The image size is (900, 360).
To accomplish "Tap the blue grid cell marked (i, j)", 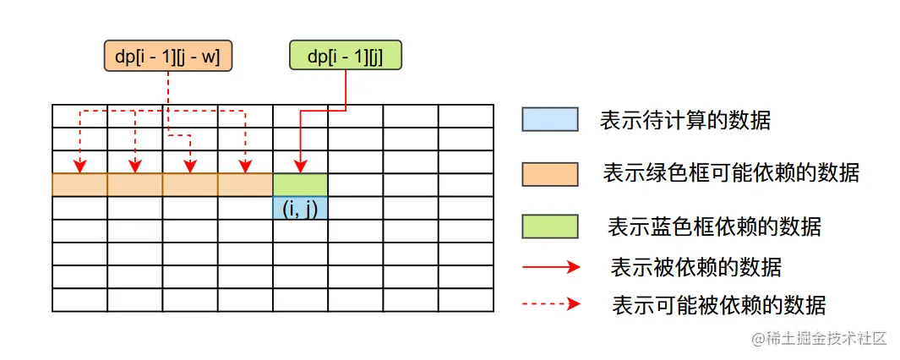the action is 300,208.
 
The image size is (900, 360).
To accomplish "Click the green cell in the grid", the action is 300,184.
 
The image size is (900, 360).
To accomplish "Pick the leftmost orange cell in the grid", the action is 79,184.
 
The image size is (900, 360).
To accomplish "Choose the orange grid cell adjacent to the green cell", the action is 245,184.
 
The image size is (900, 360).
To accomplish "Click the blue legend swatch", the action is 549,119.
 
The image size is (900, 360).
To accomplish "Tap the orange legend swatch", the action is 549,173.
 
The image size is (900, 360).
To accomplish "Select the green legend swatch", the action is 549,226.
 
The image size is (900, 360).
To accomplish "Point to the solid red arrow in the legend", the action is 551,267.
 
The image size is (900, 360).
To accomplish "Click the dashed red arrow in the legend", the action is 551,303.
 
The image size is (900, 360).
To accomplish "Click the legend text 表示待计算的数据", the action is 685,120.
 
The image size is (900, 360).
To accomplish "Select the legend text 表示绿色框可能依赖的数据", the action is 731,173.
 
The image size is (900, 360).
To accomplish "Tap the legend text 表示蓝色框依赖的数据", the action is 714,226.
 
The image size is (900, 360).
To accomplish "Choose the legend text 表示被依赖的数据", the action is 695,268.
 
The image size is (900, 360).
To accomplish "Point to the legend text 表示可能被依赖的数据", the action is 718,304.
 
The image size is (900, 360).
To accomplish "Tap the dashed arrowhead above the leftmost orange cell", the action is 79,166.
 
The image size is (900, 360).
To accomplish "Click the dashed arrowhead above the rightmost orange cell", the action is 245,166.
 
